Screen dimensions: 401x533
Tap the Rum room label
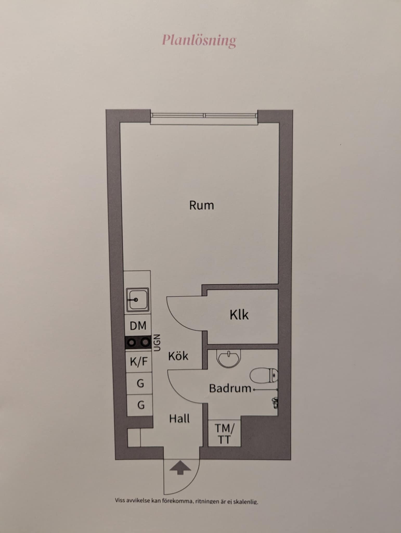tap(202, 205)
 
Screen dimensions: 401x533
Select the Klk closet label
tap(239, 315)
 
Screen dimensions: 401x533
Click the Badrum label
tap(230, 388)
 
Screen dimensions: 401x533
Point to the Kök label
tap(178, 356)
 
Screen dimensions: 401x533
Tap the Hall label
tap(179, 418)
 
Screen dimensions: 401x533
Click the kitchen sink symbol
tap(138, 300)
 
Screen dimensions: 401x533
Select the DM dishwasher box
tap(138, 326)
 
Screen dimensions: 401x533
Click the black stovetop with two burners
tap(138, 342)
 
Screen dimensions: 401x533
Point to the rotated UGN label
tap(157, 343)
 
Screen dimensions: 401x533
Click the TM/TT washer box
tap(224, 434)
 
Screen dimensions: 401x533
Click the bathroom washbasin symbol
tap(229, 358)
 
